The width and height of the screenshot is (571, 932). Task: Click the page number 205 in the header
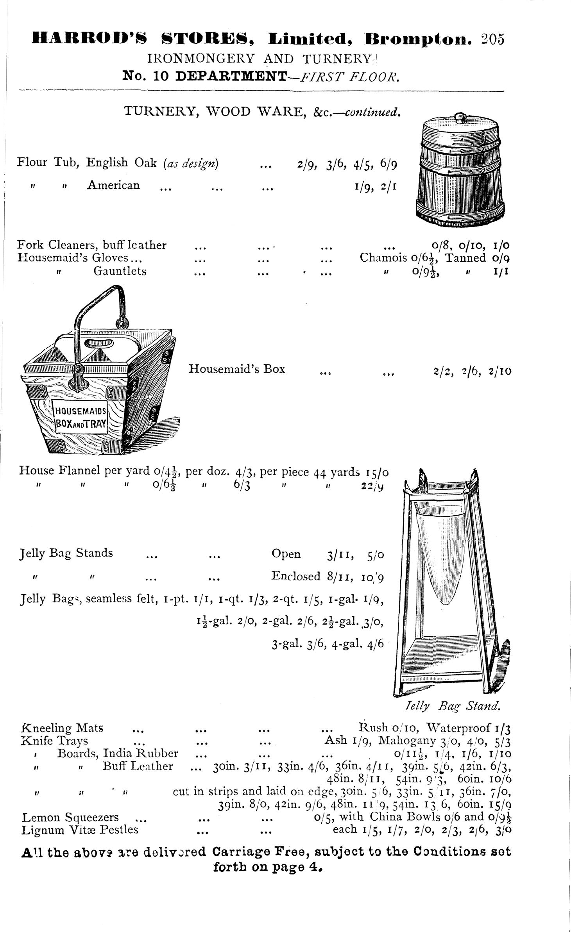tap(493, 39)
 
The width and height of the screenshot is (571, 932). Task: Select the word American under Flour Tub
tap(113, 185)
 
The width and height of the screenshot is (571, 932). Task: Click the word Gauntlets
tap(120, 271)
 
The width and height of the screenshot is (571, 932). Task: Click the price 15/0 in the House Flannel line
tap(378, 473)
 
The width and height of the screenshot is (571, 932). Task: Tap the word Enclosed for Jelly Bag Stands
tap(296, 576)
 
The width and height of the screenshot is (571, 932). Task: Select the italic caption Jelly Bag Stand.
tap(453, 706)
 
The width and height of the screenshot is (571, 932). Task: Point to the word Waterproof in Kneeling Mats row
tap(459, 728)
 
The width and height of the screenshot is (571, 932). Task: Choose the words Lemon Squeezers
tap(70, 817)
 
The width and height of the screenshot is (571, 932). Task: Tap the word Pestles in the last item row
tap(118, 829)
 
